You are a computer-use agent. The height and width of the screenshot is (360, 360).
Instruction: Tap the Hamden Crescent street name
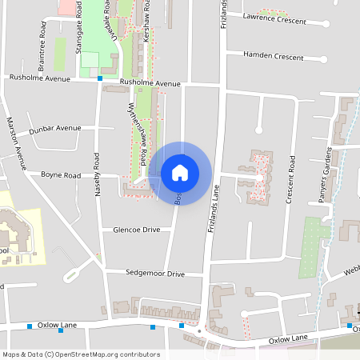pyautogui.click(x=277, y=58)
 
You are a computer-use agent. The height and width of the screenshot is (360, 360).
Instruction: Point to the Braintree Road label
pyautogui.click(x=42, y=36)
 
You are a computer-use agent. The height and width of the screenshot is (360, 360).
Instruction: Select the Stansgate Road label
pyautogui.click(x=79, y=34)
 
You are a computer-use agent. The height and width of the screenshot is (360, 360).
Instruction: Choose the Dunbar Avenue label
pyautogui.click(x=54, y=128)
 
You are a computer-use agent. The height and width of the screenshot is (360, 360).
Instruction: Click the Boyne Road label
pyautogui.click(x=61, y=174)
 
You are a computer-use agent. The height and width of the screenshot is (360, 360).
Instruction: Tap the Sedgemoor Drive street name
pyautogui.click(x=155, y=274)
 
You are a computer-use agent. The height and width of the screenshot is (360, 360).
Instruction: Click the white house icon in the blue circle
pyautogui.click(x=180, y=172)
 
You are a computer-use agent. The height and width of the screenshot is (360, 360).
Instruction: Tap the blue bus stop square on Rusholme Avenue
pyautogui.click(x=100, y=78)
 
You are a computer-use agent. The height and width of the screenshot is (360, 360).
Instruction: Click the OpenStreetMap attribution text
pyautogui.click(x=80, y=354)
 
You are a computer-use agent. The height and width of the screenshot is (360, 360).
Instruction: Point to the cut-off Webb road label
pyautogui.click(x=353, y=271)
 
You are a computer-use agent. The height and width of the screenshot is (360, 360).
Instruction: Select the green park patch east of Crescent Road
pyautogui.click(x=314, y=248)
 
